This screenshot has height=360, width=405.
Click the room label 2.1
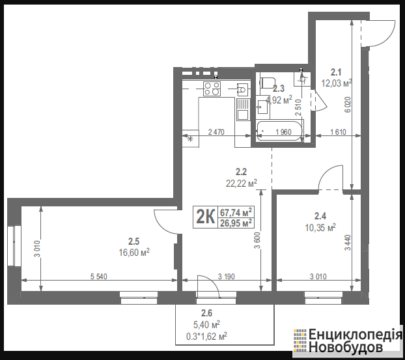pos(336,72)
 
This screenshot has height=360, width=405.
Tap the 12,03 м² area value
pos(337,83)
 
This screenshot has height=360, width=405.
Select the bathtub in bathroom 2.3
pos(279,131)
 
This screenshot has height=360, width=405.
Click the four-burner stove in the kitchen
pos(212,89)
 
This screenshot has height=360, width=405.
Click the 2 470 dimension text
pos(216,132)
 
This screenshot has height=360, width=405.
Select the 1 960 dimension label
pos(283,132)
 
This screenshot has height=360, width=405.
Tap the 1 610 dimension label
pos(338,132)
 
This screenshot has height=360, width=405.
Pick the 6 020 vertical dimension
pos(348,105)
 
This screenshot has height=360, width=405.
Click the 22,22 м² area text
pos(242,184)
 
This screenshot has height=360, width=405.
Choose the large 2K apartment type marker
pos(206,217)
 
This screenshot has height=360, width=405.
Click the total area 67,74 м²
pos(236,212)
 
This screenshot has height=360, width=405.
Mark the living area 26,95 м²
pos(236,223)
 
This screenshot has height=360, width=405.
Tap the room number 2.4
pos(320,215)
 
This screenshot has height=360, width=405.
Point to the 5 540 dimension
pos(99,277)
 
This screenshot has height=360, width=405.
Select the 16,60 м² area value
pos(134,253)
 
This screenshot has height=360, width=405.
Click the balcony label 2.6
pos(206,313)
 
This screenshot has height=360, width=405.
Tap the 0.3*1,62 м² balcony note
pos(206,337)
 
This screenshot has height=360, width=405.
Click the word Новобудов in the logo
pos(346,348)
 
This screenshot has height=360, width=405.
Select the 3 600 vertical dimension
pos(257,240)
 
